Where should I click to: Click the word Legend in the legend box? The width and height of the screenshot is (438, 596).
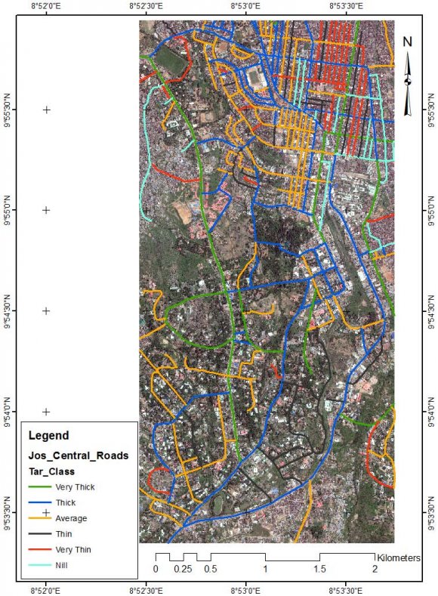point(48,436)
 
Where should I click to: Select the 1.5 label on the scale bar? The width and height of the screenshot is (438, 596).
point(320,569)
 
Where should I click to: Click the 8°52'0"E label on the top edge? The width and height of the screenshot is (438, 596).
point(46,6)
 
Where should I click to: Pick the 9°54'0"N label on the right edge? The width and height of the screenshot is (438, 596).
point(432,412)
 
